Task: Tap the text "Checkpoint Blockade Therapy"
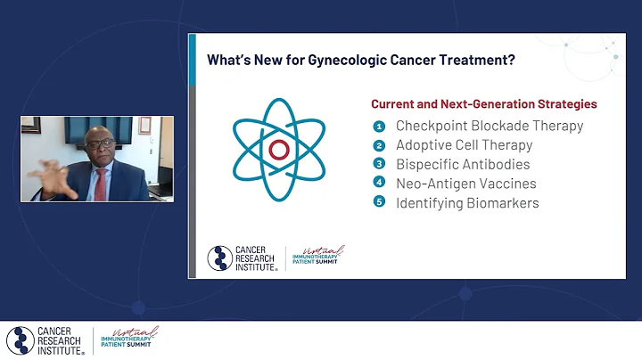490,126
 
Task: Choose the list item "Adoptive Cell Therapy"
464,145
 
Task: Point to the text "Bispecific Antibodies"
463,165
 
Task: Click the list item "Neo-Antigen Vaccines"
465,184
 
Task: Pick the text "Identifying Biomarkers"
467,203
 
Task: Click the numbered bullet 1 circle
378,126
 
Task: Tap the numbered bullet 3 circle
378,165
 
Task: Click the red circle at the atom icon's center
279,149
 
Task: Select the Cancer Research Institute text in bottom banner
62,340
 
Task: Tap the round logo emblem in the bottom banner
21,340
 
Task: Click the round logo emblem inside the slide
220,258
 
